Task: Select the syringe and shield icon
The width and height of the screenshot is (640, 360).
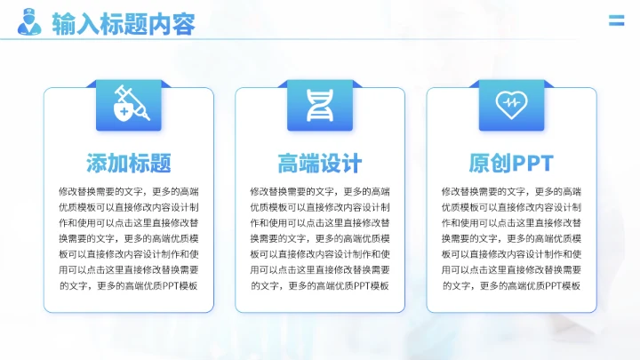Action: tap(129, 106)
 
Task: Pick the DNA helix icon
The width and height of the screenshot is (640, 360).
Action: tap(320, 106)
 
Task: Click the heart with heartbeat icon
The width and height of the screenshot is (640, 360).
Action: tap(511, 106)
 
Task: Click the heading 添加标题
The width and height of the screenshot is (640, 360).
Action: tap(129, 164)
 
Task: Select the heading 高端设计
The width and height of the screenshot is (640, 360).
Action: tap(320, 164)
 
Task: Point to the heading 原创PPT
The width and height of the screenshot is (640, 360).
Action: tap(511, 164)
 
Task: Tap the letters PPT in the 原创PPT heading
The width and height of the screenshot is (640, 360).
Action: tap(532, 164)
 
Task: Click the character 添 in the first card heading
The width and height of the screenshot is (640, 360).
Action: tap(97, 164)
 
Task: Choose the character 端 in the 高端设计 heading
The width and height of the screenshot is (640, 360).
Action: tap(309, 164)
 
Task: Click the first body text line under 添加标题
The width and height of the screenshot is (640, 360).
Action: tap(129, 191)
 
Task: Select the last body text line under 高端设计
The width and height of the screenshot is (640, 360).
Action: tap(320, 285)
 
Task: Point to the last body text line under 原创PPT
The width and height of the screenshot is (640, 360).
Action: tap(511, 285)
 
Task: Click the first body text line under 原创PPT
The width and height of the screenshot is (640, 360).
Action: tap(511, 191)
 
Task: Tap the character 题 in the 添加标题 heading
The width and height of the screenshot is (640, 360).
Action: tap(161, 164)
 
